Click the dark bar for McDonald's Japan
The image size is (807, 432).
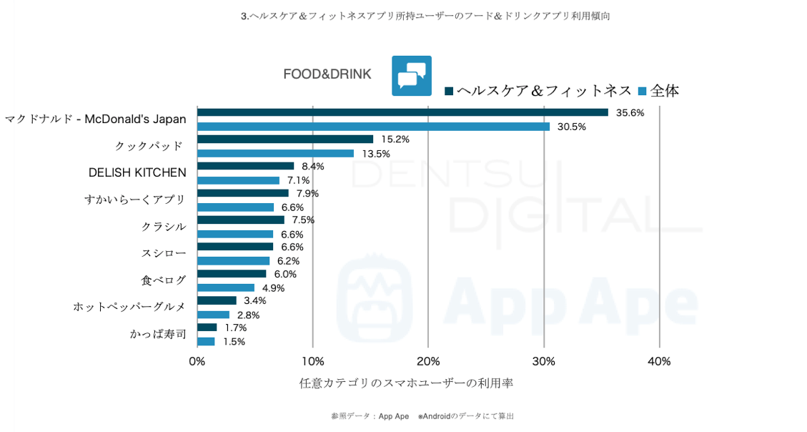click(x=402, y=112)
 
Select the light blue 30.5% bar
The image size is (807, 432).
click(x=373, y=127)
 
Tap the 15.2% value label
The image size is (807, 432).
click(x=395, y=139)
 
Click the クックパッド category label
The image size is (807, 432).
click(x=149, y=146)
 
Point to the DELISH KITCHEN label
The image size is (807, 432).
click(x=137, y=172)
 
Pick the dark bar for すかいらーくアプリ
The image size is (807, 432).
click(x=243, y=193)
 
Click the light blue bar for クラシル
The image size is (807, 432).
click(x=235, y=234)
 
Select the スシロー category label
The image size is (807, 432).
click(x=164, y=253)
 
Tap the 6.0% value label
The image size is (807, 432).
click(x=285, y=274)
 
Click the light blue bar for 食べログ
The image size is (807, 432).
click(x=226, y=288)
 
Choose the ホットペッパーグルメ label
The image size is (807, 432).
click(x=129, y=307)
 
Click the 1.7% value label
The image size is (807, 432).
click(x=235, y=328)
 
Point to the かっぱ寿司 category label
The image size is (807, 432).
click(x=158, y=334)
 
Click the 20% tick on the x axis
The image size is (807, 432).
click(x=428, y=361)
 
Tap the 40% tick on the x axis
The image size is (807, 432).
click(x=659, y=361)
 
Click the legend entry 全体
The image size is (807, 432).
click(x=658, y=91)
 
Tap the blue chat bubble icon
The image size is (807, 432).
click(x=412, y=76)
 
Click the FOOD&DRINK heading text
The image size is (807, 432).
click(x=327, y=74)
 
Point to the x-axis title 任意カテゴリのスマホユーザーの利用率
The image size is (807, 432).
click(x=406, y=383)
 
